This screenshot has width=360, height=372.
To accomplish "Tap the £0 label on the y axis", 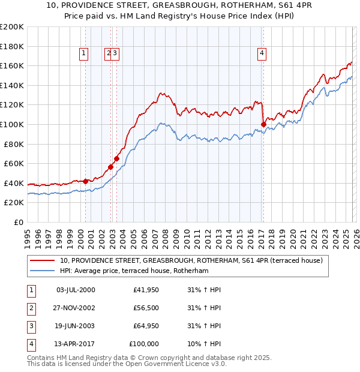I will tap(19, 222).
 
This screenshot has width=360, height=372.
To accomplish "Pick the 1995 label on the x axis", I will tap(28, 233).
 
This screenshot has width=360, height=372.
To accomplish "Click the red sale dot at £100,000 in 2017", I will tap(263, 124).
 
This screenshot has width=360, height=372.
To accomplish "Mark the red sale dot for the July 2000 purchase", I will tap(86, 181).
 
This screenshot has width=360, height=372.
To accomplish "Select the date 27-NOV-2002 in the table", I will tap(75, 308).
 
